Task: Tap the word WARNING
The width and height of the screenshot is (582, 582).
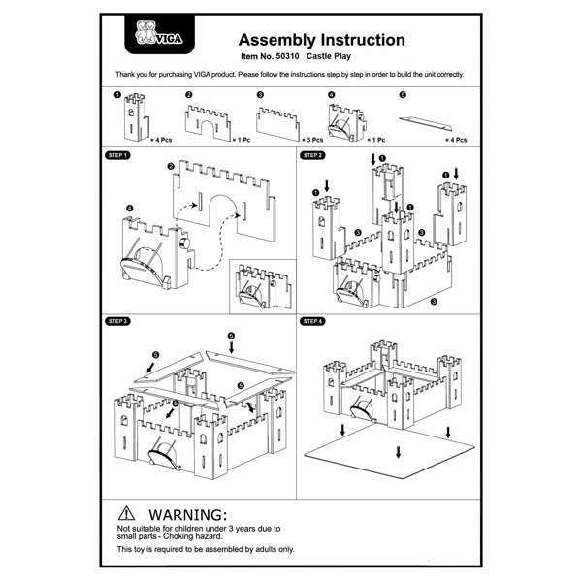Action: [x=187, y=512]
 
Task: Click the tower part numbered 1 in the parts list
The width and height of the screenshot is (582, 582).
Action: [x=129, y=118]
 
